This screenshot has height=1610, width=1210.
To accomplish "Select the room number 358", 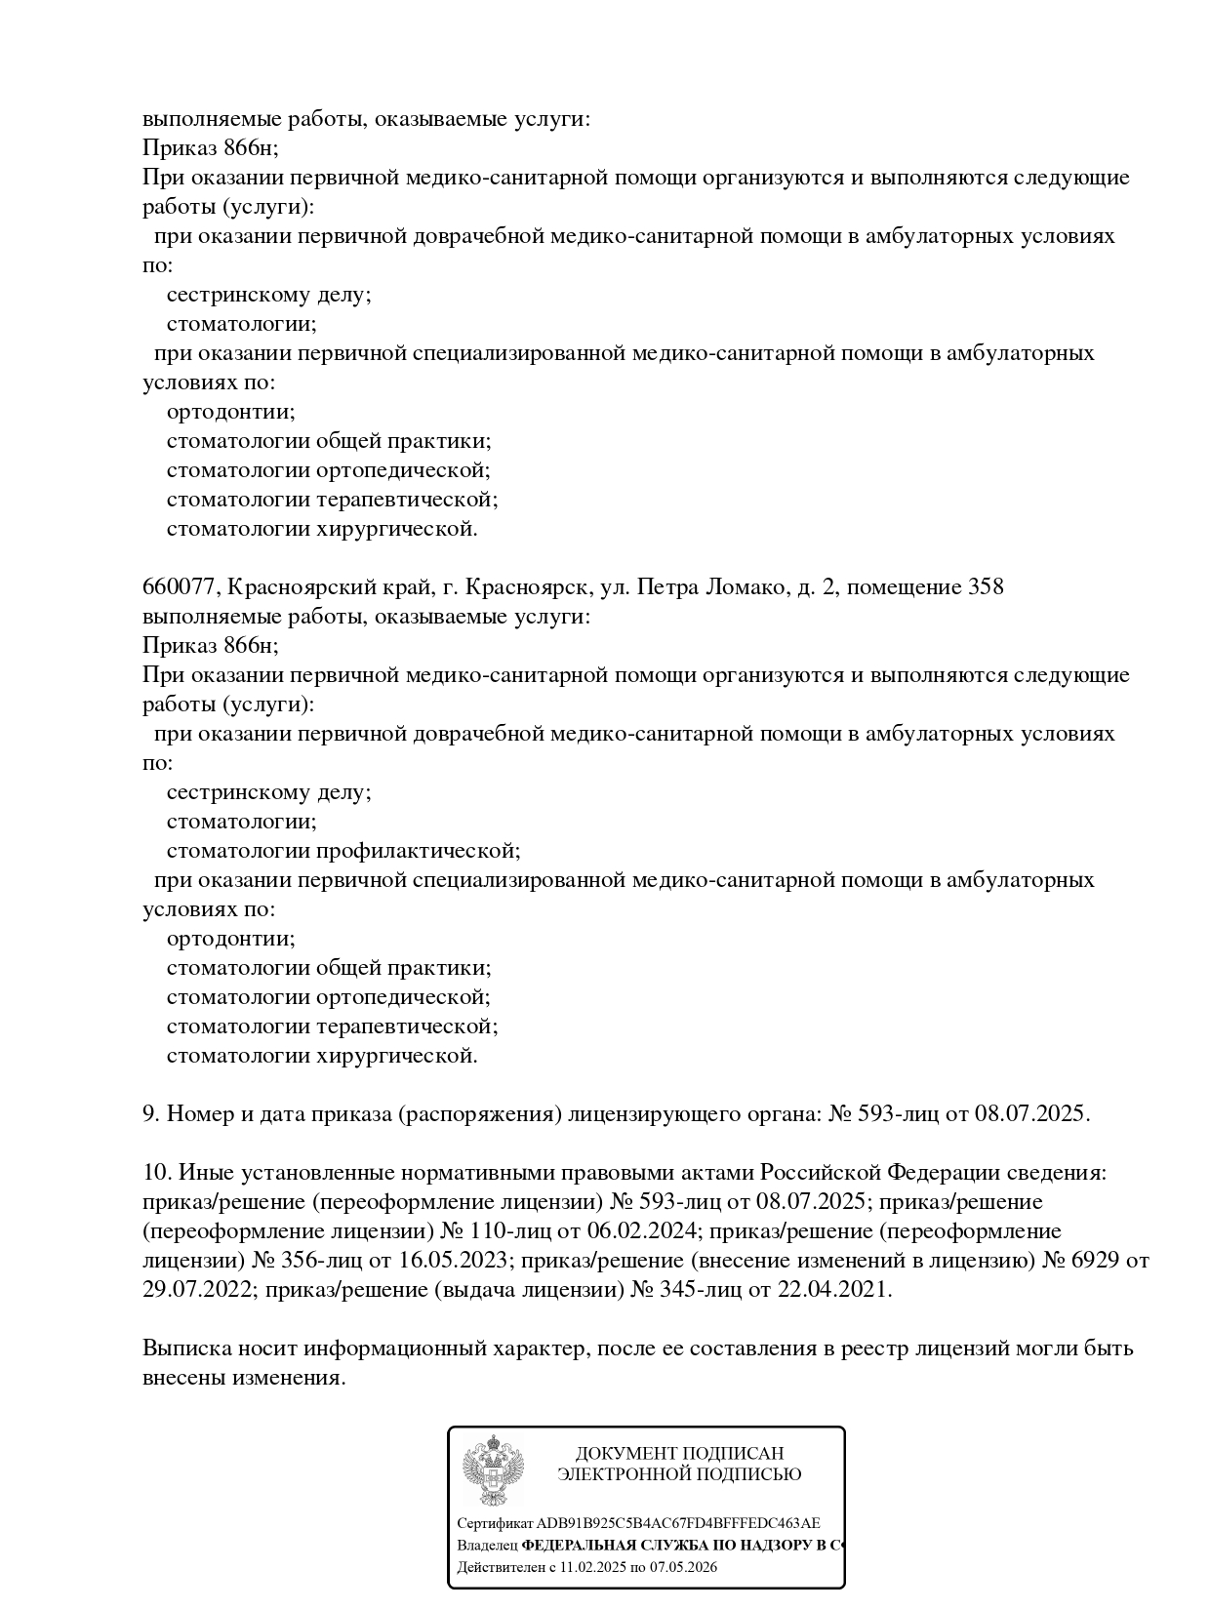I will coord(986,587).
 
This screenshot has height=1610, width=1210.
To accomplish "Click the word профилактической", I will coord(417,851).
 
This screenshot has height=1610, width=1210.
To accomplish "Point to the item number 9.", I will coord(151,1114).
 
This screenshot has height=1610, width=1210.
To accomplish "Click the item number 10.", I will coord(156,1173).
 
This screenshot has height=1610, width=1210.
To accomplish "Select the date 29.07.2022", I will coord(199,1290).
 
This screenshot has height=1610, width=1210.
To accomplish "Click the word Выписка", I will coord(185,1348).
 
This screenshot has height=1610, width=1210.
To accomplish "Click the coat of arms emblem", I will coord(493,1470).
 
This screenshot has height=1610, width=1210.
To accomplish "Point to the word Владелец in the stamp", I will coord(487,1546).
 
